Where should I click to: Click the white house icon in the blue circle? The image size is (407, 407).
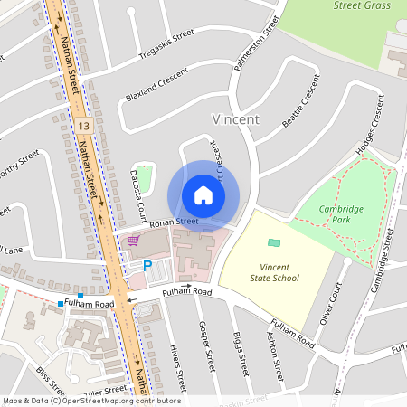coord(203,195)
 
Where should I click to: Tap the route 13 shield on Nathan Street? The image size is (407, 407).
coord(83,123)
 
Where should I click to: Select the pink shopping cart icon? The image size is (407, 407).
coord(134,241)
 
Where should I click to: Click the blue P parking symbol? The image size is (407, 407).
coord(147,266)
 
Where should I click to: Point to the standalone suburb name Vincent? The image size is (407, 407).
coord(235,119)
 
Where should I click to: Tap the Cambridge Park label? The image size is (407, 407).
coord(341,213)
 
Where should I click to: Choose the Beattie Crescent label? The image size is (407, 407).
coord(301,101)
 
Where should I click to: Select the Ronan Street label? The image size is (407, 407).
coord(174,222)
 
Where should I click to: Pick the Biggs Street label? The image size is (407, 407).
coord(241,354)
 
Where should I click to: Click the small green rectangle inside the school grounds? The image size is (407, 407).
coord(274,242)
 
